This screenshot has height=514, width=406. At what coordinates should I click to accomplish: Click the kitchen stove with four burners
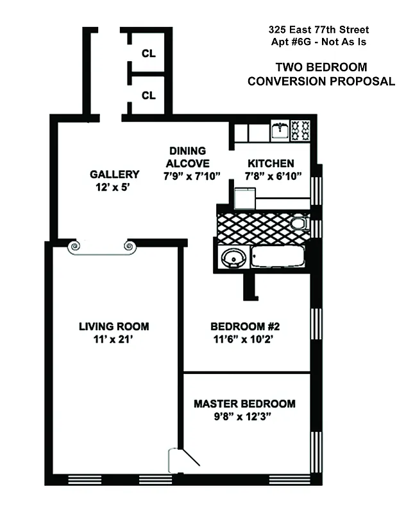click(300, 130)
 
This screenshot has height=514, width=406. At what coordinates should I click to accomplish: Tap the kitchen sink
click(280, 130)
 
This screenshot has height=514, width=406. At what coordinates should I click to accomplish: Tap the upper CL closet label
click(149, 54)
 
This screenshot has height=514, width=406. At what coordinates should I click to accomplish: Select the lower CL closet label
click(149, 96)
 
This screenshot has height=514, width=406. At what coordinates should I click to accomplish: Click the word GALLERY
click(114, 174)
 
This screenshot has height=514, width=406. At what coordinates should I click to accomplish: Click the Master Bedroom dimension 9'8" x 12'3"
click(244, 416)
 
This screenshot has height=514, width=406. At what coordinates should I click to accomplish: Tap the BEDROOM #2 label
click(246, 326)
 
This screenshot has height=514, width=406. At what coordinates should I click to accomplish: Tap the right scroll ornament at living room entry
click(128, 245)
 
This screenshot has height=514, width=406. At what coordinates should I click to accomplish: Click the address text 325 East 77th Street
click(319, 30)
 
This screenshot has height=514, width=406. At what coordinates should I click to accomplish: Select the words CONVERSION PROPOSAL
click(321, 81)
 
